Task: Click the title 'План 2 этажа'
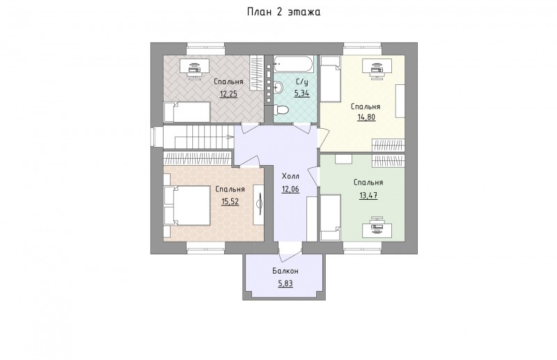tap(284, 12)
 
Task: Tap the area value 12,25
tap(228, 94)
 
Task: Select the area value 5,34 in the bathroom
tap(301, 94)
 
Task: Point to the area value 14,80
tap(366, 117)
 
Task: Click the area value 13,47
tap(368, 196)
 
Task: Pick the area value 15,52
tap(230, 202)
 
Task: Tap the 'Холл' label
tap(290, 177)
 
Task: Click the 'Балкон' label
tap(285, 271)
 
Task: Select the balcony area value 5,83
tap(285, 283)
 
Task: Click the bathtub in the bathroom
tap(294, 64)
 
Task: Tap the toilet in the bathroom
tap(281, 110)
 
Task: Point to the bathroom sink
tap(278, 86)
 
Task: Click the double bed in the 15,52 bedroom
tap(187, 205)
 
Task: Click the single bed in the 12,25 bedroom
tap(187, 112)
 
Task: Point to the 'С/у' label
tap(301, 81)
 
